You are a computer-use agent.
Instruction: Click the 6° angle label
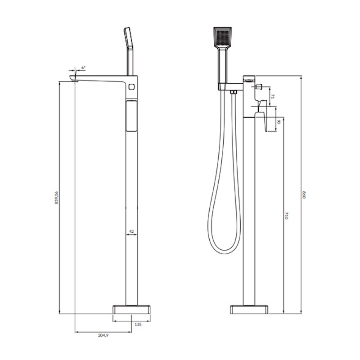(x=83, y=68)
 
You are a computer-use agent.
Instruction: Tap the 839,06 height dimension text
(x=57, y=198)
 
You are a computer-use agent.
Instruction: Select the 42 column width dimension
(x=131, y=231)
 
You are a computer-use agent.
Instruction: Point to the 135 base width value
(x=138, y=324)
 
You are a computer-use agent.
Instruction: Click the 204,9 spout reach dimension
(x=103, y=335)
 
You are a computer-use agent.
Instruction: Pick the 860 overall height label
(x=304, y=195)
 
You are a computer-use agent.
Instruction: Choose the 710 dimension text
(x=286, y=216)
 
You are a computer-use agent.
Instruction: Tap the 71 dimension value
(x=273, y=96)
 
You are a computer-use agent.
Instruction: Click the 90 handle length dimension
(x=279, y=121)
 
